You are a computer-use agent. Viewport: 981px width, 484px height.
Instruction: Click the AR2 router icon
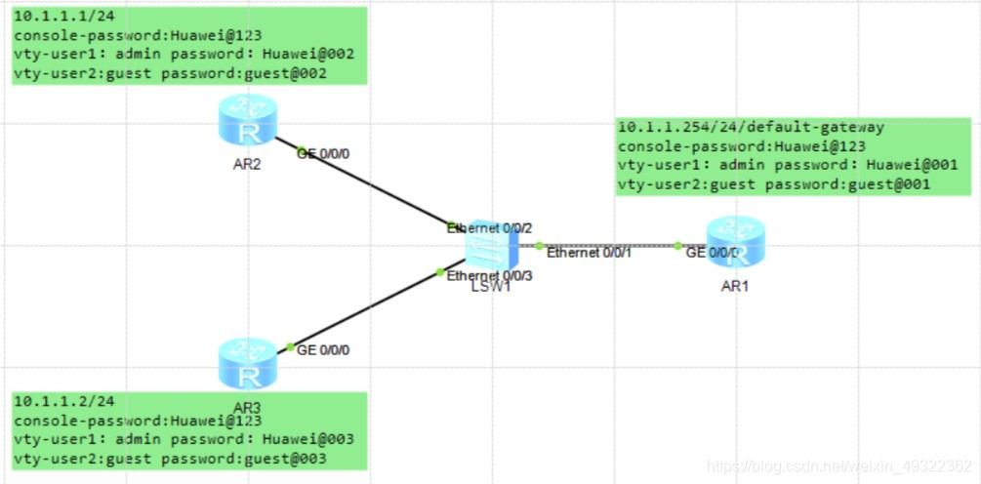coord(247,122)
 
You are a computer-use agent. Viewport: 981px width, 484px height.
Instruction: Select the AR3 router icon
coord(247,362)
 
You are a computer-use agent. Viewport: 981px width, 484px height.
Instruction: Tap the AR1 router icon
coord(738,241)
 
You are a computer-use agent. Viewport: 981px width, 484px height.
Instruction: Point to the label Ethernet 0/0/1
coord(590,253)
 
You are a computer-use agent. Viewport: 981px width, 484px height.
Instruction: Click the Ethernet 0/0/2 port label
coord(490,228)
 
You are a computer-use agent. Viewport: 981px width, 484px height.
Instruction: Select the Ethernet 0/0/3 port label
coord(490,276)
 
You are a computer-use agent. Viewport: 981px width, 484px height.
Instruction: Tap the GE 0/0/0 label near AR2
coord(322,153)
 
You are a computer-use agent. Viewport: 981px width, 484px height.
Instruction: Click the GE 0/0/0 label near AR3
coord(322,349)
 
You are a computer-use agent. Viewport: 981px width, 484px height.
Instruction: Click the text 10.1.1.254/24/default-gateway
coord(752,128)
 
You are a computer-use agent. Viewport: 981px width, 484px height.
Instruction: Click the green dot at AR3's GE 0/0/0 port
coord(290,347)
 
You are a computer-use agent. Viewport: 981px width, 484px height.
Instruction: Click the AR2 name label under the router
coord(247,164)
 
